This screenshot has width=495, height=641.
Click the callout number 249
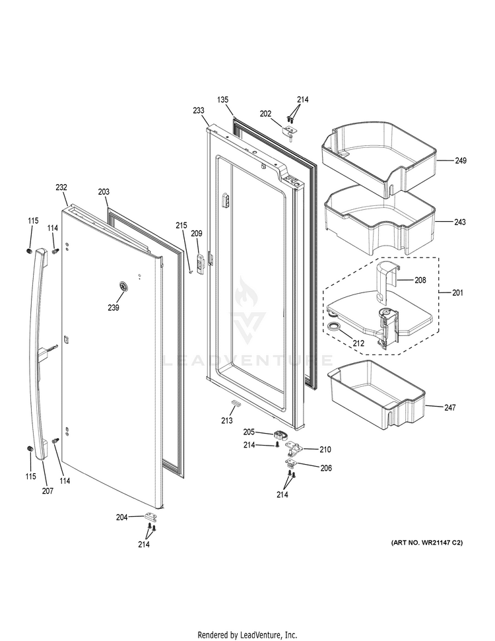(x=461, y=160)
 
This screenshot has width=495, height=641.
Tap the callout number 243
(x=460, y=222)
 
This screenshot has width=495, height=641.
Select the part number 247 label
(x=450, y=407)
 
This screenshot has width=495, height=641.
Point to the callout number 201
(x=458, y=292)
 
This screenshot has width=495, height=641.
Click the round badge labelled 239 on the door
(x=122, y=287)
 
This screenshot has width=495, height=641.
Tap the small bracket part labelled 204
(x=151, y=517)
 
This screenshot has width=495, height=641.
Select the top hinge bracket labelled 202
(x=290, y=131)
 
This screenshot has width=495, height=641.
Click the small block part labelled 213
(x=236, y=403)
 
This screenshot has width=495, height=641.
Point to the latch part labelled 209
(x=200, y=262)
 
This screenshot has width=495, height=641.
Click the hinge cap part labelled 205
(x=280, y=434)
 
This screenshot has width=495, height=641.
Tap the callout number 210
(x=325, y=450)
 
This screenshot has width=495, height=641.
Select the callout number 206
(x=326, y=468)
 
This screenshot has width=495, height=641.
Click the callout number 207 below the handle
(x=48, y=491)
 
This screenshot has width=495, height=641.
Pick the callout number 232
(x=61, y=187)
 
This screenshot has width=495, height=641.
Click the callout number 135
(x=223, y=100)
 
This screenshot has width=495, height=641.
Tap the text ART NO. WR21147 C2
(x=427, y=543)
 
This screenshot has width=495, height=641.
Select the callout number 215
(x=181, y=225)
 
